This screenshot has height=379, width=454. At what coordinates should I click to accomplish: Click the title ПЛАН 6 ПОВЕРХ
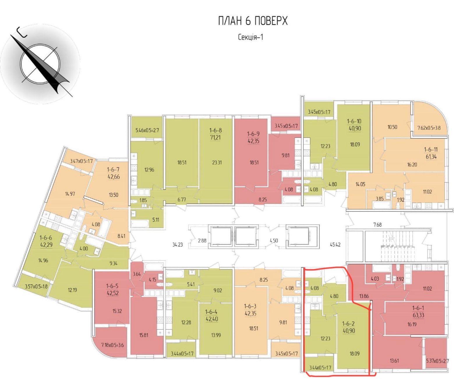253,21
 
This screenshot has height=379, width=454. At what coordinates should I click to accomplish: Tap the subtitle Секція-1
250,37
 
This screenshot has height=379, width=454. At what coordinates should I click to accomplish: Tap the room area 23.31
215,163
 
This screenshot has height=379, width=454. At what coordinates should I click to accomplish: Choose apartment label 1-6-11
431,150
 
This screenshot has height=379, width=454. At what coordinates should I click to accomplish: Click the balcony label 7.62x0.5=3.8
429,127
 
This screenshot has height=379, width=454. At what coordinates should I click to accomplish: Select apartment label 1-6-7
113,169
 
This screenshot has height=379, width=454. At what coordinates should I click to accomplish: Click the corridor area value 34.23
177,245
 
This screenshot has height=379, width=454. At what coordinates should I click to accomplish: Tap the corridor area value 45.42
335,245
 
